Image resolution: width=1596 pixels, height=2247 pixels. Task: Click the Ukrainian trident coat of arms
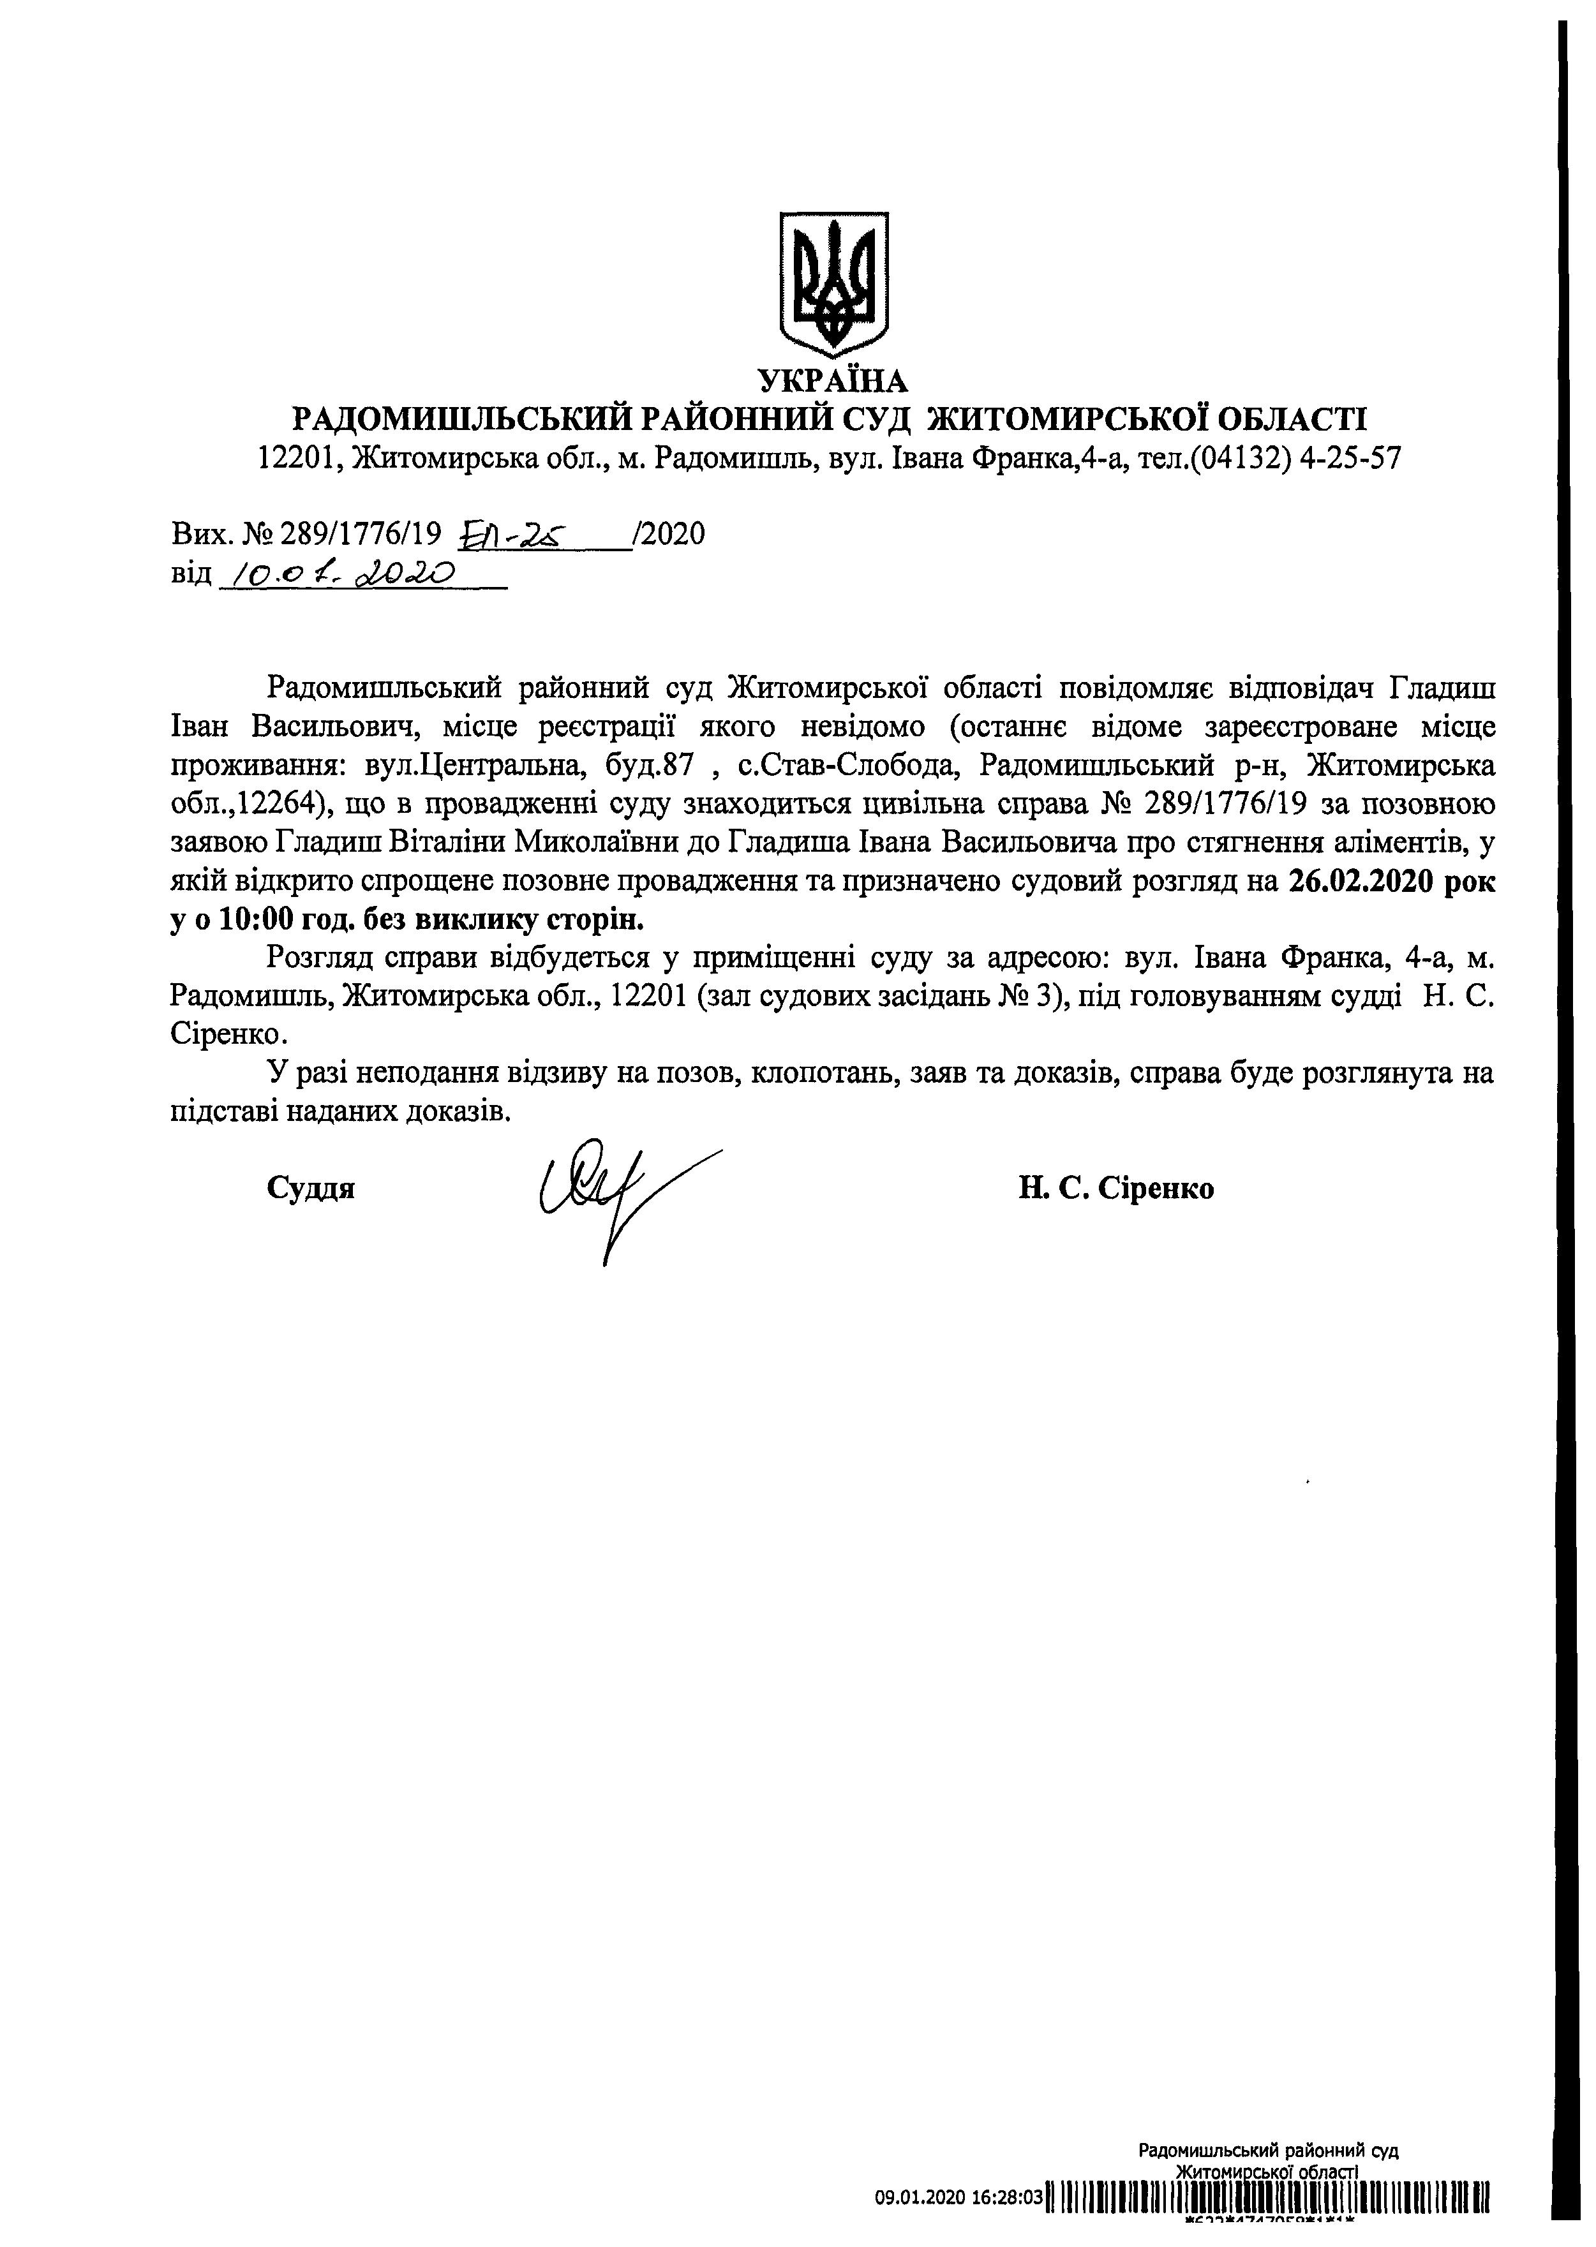pyautogui.click(x=833, y=283)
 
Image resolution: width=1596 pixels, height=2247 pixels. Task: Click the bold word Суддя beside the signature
pyautogui.click(x=311, y=1188)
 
